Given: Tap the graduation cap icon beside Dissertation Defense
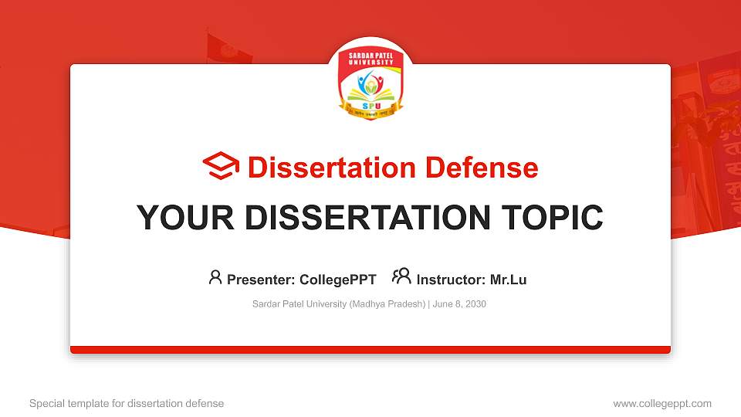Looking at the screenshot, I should [x=221, y=167].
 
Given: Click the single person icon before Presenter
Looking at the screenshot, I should [x=215, y=277].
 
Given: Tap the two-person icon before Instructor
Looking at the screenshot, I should [x=401, y=276].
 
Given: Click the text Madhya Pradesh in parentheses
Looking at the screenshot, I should [x=387, y=304].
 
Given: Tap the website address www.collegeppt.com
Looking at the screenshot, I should [x=662, y=403].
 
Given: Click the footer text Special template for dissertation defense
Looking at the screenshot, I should [x=127, y=403].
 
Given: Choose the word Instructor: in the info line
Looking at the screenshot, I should [x=451, y=280].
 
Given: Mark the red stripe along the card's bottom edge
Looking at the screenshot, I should [x=370, y=350].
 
